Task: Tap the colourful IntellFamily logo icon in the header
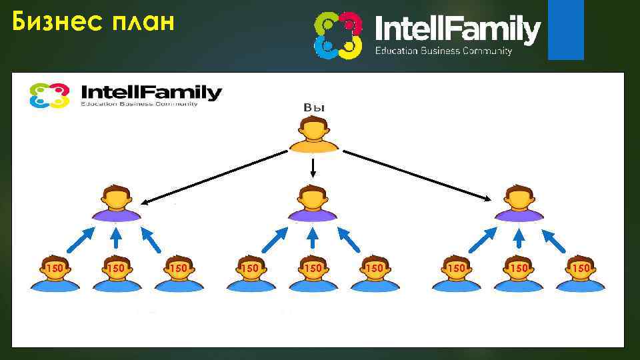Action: pos(338,35)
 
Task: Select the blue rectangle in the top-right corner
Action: pos(565,30)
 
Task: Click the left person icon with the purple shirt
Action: pos(117,203)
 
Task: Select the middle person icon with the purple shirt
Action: pos(312,203)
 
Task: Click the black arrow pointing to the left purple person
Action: pos(213,177)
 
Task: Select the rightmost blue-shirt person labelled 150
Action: pos(581,273)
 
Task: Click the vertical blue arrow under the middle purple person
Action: pos(313,238)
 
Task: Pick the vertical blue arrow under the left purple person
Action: pos(117,238)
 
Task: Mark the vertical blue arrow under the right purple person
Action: pos(519,238)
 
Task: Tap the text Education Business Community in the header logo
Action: pos(443,51)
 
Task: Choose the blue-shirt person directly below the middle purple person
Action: pos(313,273)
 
